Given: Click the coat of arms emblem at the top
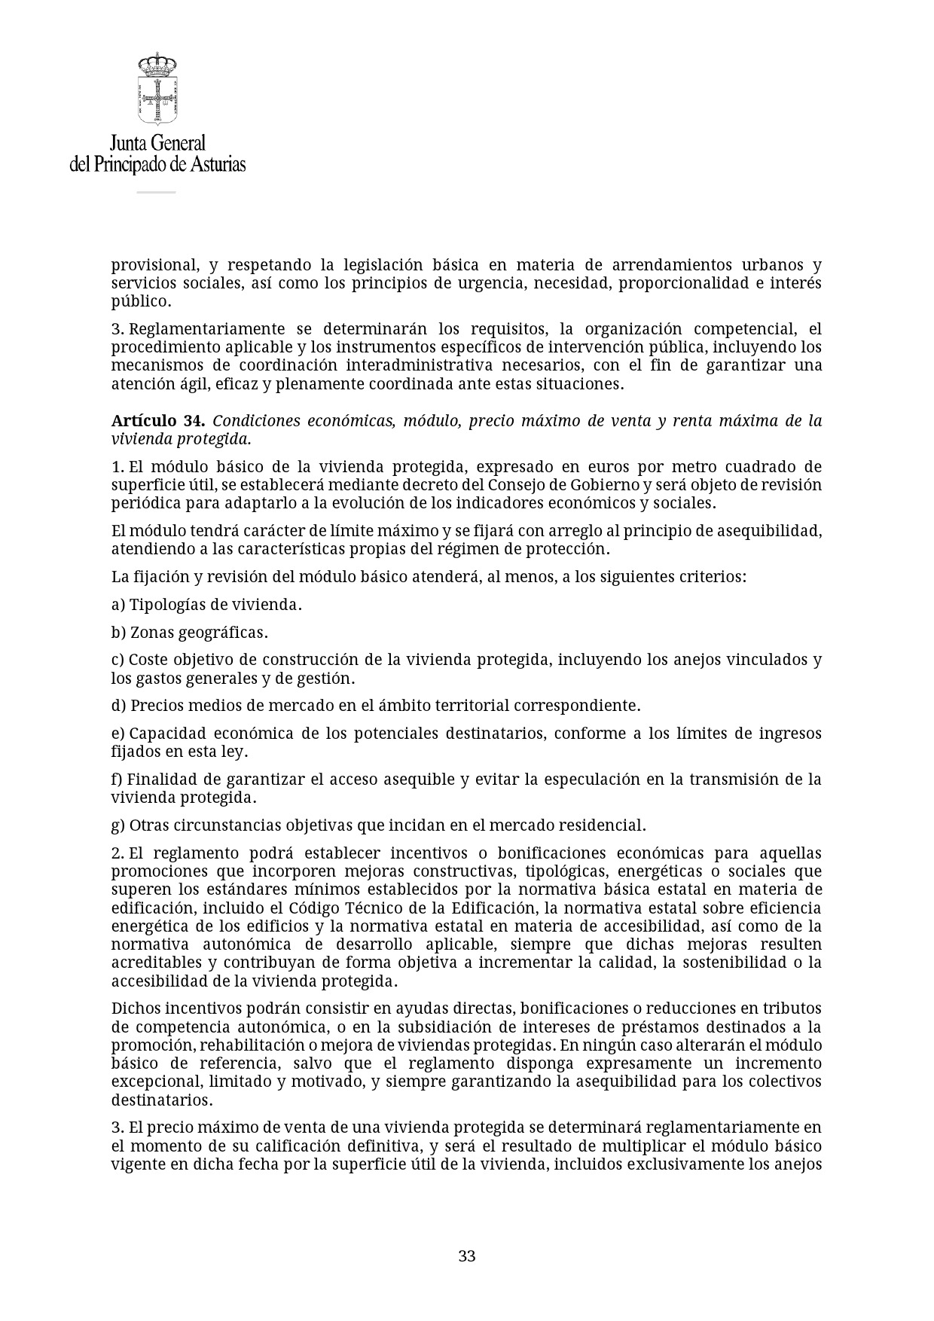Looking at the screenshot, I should pyautogui.click(x=157, y=88).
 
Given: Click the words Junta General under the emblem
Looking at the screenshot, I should pyautogui.click(x=157, y=143).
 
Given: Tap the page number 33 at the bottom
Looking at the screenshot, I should pyautogui.click(x=466, y=1255).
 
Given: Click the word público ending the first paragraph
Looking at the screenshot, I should pyautogui.click(x=140, y=302).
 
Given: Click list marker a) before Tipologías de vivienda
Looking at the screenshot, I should pyautogui.click(x=119, y=605).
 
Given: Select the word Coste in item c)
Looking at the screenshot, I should pyautogui.click(x=148, y=660).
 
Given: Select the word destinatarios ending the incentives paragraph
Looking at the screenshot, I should pyautogui.click(x=161, y=1100).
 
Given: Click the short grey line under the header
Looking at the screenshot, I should pyautogui.click(x=156, y=192).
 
